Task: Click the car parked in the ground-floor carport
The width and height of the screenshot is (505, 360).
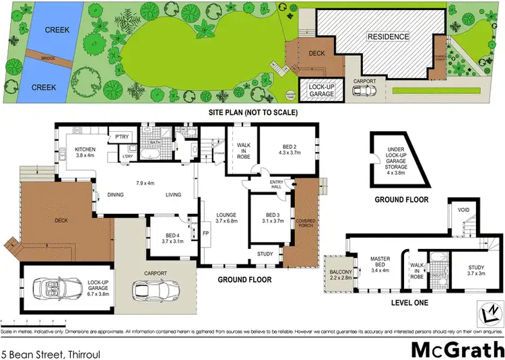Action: pos(152,290)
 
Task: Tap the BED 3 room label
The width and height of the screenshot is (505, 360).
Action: pos(269,219)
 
